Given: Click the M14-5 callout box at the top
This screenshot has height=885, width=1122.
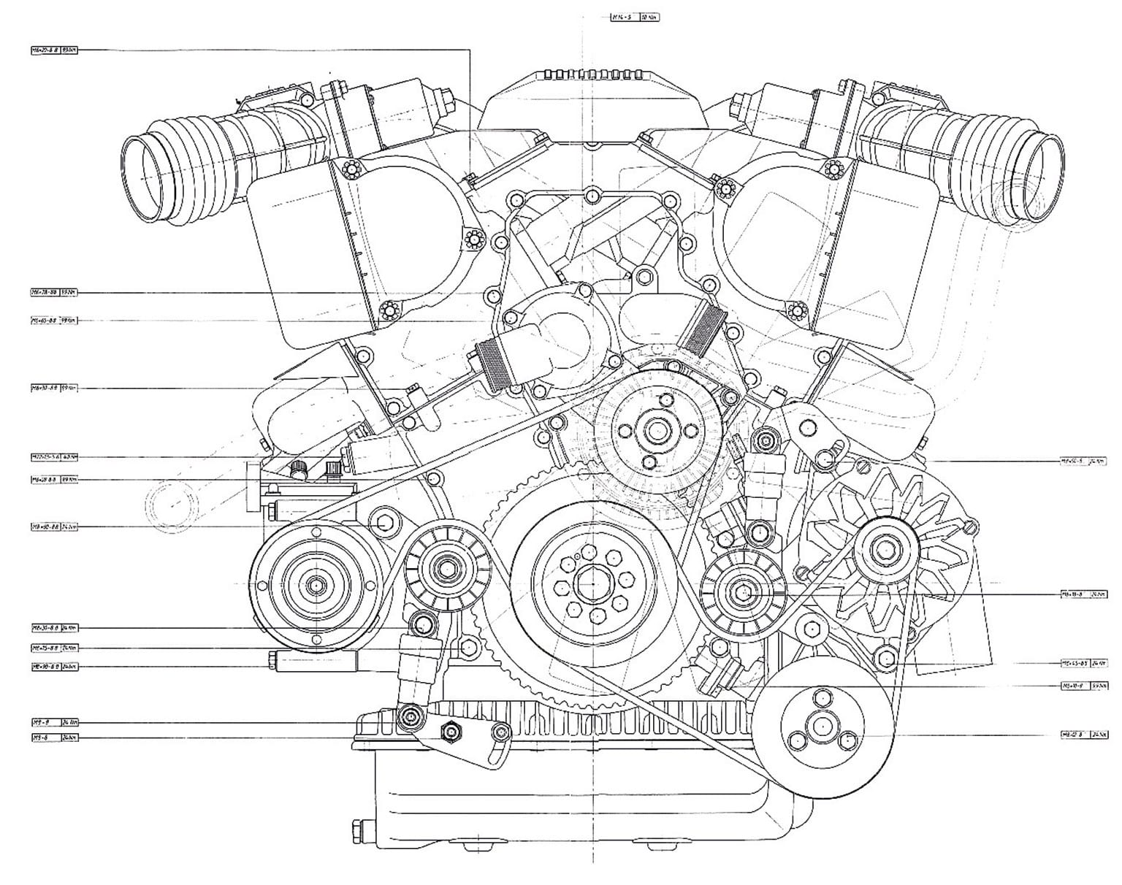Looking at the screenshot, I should [x=635, y=16].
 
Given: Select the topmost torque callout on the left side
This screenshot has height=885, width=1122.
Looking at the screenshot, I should [x=54, y=50].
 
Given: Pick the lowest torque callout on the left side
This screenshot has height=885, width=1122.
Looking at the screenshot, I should [x=54, y=737].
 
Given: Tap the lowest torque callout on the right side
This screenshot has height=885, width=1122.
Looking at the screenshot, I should [x=1084, y=735].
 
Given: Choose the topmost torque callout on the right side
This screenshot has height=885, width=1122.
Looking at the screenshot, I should [x=1084, y=461].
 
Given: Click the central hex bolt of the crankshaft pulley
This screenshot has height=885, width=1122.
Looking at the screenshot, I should [x=589, y=584].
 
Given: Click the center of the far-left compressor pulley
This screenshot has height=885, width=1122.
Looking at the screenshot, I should [x=316, y=585].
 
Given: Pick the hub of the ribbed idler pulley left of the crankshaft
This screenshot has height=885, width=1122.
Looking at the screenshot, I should [x=446, y=567].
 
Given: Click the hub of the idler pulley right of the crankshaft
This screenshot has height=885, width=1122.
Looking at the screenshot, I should [x=743, y=592].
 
